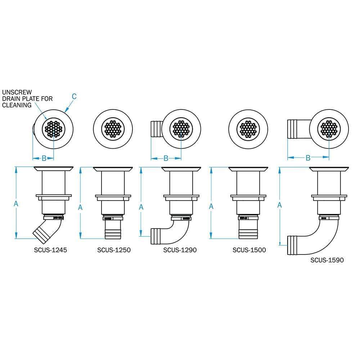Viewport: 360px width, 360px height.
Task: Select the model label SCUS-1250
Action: pos(114,250)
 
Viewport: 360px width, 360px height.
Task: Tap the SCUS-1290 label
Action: pos(180,250)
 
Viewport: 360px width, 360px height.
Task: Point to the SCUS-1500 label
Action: pos(249,250)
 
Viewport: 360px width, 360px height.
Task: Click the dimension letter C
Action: pos(74,96)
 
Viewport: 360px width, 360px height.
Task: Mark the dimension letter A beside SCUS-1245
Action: pos(16,203)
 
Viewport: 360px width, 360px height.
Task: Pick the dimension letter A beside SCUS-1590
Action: pos(280,205)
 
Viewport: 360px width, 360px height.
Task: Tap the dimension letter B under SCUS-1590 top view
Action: pos(308,158)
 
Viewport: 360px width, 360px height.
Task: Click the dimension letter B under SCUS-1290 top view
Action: pos(166,158)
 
